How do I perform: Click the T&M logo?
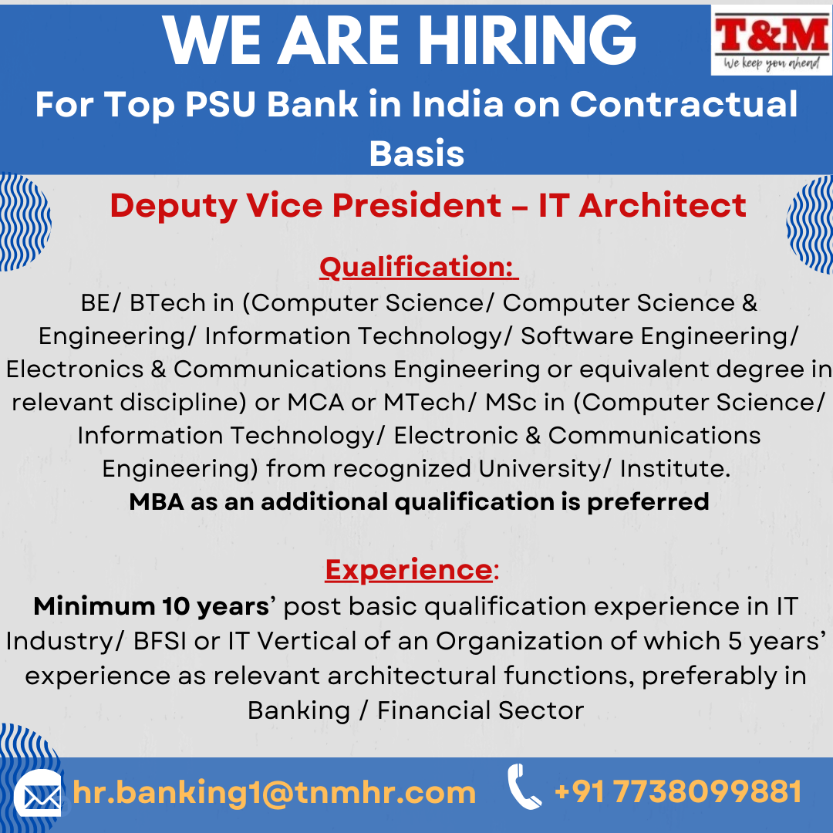point(771,40)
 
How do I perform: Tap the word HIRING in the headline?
point(527,40)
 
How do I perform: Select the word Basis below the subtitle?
point(416,153)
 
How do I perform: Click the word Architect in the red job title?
point(663,205)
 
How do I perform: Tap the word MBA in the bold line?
point(156,501)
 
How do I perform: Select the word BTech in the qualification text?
point(167,303)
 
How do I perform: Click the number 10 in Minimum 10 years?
point(176,606)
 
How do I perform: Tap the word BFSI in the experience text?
point(160,641)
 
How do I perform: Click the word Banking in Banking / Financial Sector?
point(298,711)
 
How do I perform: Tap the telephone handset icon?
point(523,786)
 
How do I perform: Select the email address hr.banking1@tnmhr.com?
point(274,793)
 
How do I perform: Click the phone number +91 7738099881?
point(678,791)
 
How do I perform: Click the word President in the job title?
point(416,205)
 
